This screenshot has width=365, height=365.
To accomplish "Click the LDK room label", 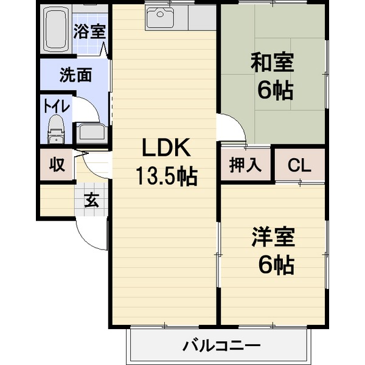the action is tap(166, 147).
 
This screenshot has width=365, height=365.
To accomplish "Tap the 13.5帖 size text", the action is tap(167, 176).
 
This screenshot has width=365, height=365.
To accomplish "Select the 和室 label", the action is tap(272, 63).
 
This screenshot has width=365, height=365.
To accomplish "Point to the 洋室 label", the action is tap(273, 237).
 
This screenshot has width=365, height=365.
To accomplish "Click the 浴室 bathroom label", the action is tap(89, 32).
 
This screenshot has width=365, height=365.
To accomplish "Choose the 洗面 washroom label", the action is tap(75, 75).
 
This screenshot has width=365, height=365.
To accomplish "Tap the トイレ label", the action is tap(57, 106).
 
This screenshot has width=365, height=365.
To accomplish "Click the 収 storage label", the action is tap(57, 165).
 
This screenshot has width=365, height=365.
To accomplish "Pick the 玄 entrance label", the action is tap(91, 200).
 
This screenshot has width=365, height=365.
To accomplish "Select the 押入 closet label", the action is tap(245, 165).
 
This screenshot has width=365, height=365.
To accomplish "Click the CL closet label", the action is tap(299, 165).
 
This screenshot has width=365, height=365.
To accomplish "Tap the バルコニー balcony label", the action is tap(221, 346).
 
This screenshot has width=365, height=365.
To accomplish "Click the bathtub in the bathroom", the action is tap(56, 29).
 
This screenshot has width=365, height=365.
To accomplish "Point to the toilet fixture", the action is tap(56, 129).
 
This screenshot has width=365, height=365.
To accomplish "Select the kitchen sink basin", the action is tap(160, 17).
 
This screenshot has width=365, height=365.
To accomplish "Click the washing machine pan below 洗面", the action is tap(90, 134).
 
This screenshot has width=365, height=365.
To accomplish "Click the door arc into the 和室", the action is tap(237, 121).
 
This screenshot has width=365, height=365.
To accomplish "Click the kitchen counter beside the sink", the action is tap(202, 18).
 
